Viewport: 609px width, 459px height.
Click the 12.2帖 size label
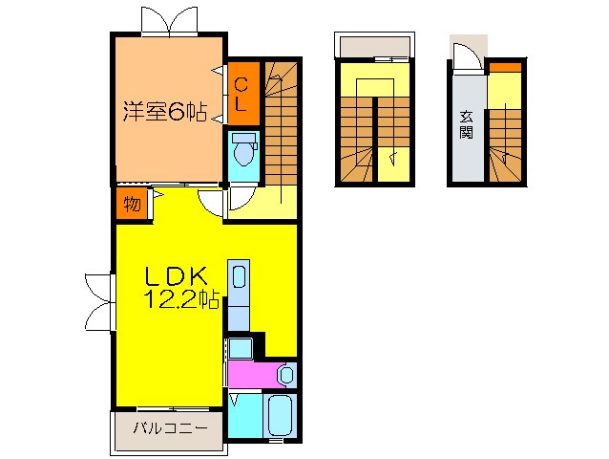[181, 300]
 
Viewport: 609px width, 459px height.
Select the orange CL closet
[241, 94]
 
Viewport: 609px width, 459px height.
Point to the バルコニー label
[170, 427]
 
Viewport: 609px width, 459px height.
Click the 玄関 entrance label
[466, 124]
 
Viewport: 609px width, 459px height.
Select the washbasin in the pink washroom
[284, 373]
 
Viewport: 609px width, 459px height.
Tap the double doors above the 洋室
[170, 19]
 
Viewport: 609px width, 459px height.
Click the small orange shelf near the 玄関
[505, 67]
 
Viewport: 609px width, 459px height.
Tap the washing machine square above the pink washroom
[240, 349]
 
